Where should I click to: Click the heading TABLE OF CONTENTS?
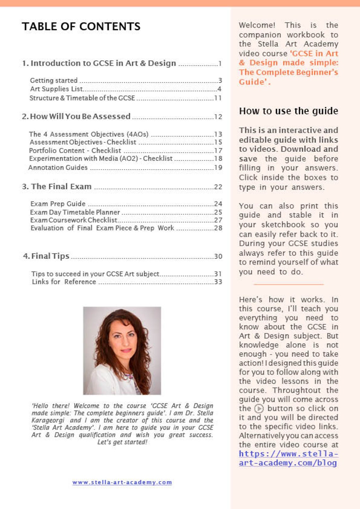[81, 26]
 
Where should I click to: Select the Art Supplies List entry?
[56, 89]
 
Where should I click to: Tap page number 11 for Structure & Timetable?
[218, 98]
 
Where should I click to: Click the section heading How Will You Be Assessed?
[80, 116]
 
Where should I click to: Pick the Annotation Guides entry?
[58, 168]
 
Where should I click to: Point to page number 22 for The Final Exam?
[218, 187]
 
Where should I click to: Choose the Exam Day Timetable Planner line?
[75, 212]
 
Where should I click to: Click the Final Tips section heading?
[50, 256]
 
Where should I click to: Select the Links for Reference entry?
[64, 282]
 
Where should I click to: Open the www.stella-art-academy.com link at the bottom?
[122, 482]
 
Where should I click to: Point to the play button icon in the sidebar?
[259, 409]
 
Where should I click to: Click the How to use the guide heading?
[288, 111]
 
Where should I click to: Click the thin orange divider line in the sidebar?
[288, 284]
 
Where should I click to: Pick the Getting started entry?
[54, 80]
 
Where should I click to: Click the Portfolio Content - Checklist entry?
[75, 151]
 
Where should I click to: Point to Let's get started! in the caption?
[122, 442]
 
